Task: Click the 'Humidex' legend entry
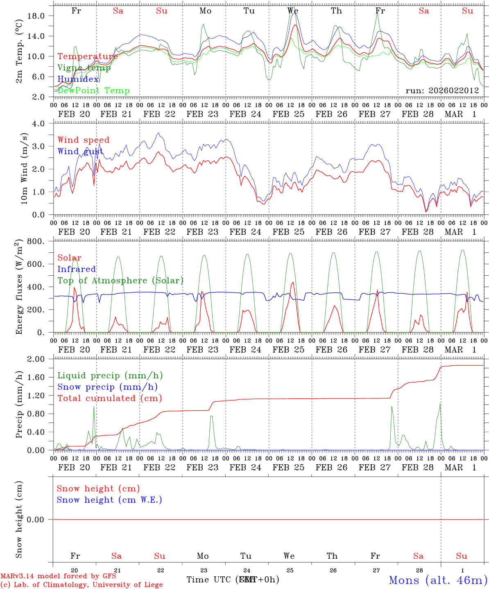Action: pyautogui.click(x=78, y=79)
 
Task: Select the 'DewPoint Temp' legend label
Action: pyautogui.click(x=93, y=91)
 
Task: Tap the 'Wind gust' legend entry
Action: pyautogui.click(x=80, y=151)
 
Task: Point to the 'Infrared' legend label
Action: pyautogui.click(x=77, y=269)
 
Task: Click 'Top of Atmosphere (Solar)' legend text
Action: pyautogui.click(x=120, y=281)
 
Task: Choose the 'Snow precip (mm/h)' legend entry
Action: pyautogui.click(x=107, y=387)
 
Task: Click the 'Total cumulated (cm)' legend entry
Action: pyautogui.click(x=109, y=398)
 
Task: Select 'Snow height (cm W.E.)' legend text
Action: pyautogui.click(x=109, y=500)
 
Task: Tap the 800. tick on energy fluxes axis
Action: pyautogui.click(x=40, y=241)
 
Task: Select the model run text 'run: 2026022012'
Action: pyautogui.click(x=442, y=91)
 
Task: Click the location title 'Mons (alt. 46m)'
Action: pyautogui.click(x=438, y=580)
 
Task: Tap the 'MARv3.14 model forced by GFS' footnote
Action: pyautogui.click(x=58, y=576)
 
